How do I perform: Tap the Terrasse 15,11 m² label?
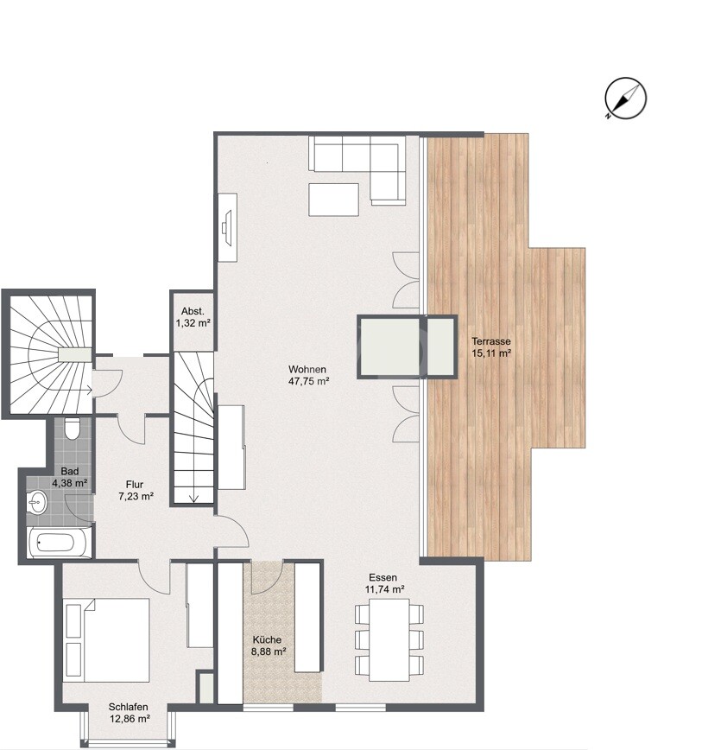click(x=491, y=346)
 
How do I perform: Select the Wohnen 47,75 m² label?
click(x=309, y=374)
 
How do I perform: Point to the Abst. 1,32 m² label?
click(x=192, y=317)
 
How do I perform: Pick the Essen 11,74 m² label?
click(x=386, y=583)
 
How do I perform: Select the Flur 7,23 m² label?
click(x=136, y=491)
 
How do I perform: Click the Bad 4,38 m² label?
click(x=70, y=477)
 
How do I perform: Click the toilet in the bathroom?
click(x=72, y=428)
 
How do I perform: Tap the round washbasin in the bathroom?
click(x=37, y=500)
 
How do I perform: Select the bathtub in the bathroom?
click(x=58, y=543)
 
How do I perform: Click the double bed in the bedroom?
click(x=106, y=639)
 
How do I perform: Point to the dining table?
click(x=389, y=639)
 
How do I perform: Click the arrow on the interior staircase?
click(x=193, y=496)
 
